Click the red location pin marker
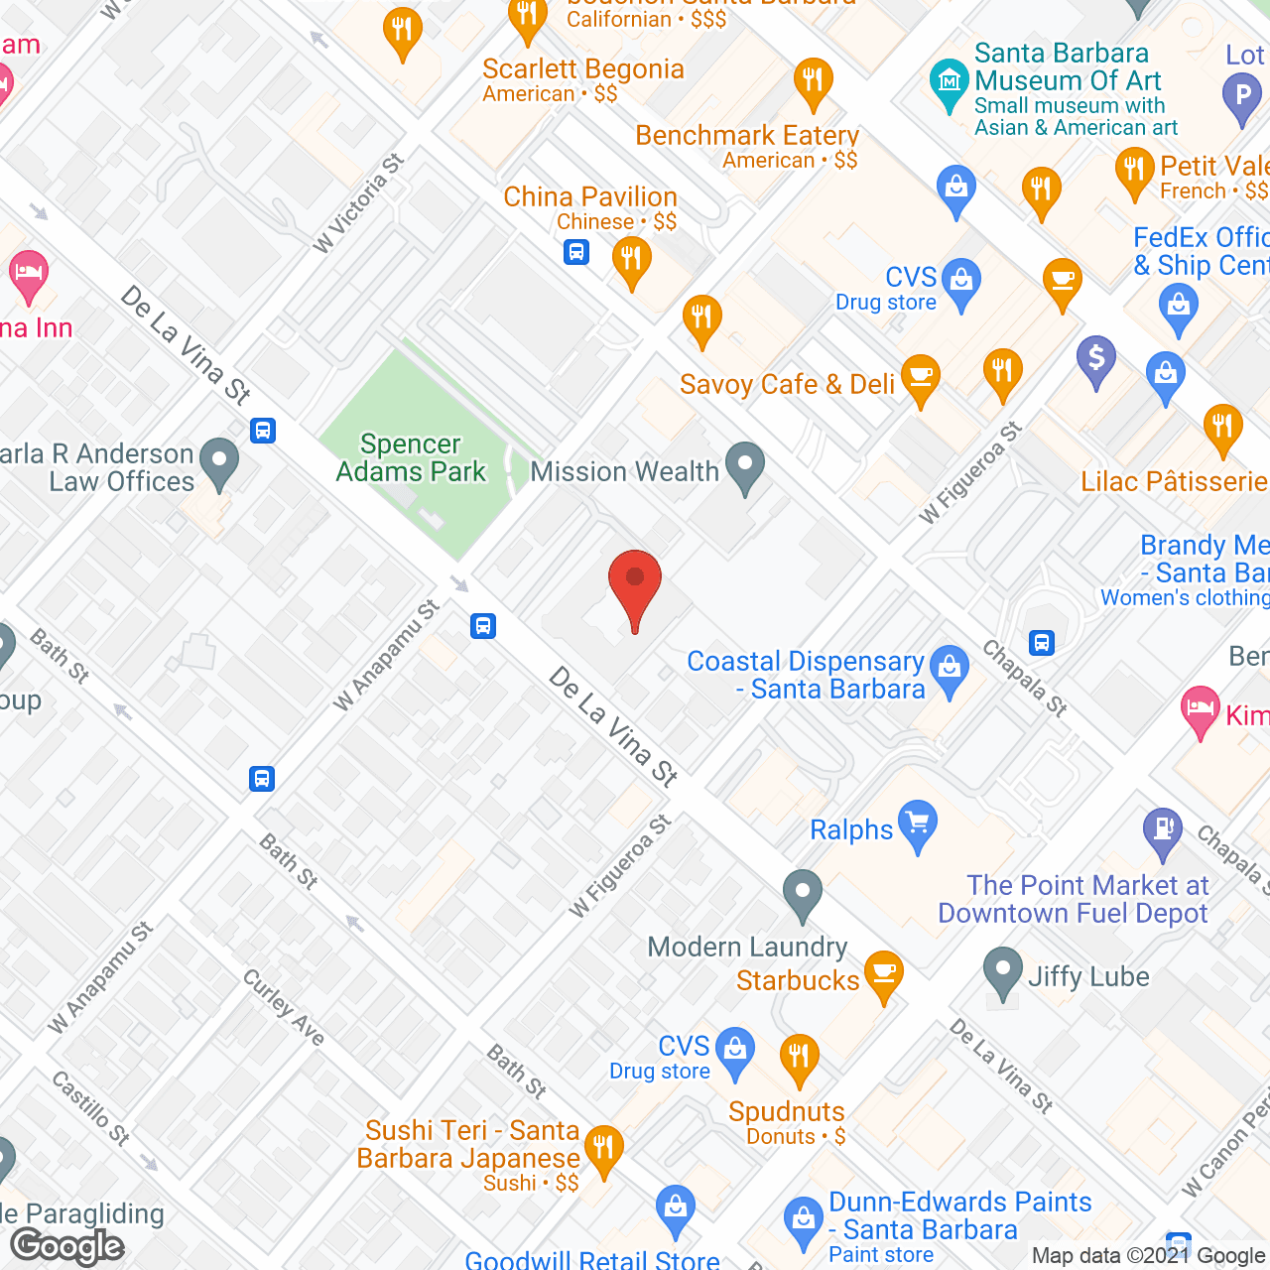pyautogui.click(x=635, y=584)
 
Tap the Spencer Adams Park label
pyautogui.click(x=411, y=458)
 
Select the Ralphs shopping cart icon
pyautogui.click(x=918, y=824)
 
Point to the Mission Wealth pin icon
pyautogui.click(x=745, y=466)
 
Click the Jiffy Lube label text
pyautogui.click(x=1088, y=977)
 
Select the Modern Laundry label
pyautogui.click(x=747, y=948)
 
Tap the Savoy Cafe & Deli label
pyautogui.click(x=787, y=385)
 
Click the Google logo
pyautogui.click(x=67, y=1246)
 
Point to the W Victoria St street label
pyautogui.click(x=358, y=203)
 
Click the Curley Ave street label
pyautogui.click(x=284, y=1007)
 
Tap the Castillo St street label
pyautogui.click(x=91, y=1107)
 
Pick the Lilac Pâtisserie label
pyautogui.click(x=1174, y=482)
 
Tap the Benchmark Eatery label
pyautogui.click(x=747, y=135)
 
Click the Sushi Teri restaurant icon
pyautogui.click(x=603, y=1150)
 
